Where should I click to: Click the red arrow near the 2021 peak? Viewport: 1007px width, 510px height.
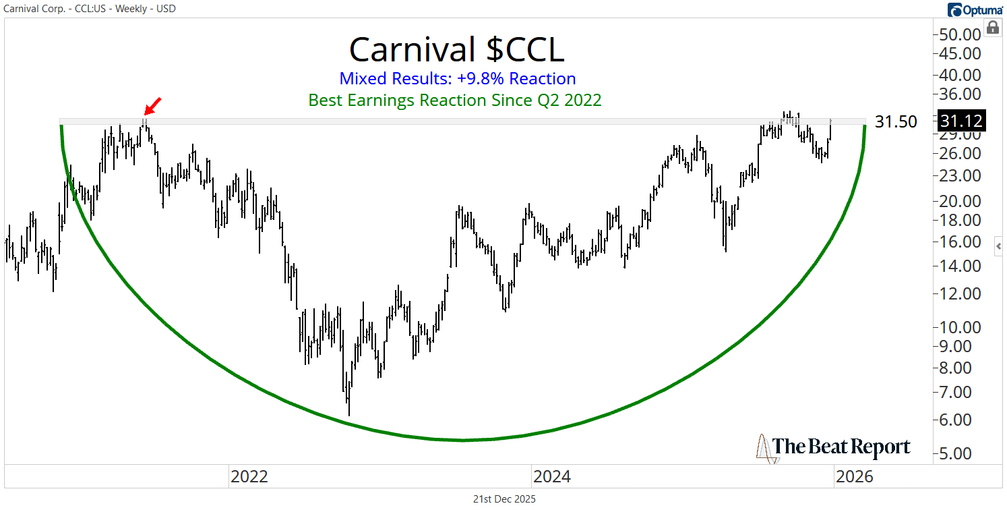[154, 106]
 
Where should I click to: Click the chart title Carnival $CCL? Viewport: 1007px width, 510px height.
[456, 49]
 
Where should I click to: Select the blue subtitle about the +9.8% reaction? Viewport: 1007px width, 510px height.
[457, 78]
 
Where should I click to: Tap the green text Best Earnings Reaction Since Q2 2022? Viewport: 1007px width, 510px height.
[455, 101]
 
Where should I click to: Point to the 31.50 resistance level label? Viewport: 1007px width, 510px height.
[896, 122]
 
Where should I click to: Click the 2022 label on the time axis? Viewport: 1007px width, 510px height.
[249, 477]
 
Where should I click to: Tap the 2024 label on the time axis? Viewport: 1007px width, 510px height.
[551, 477]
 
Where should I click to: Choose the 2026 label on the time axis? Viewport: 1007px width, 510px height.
[854, 477]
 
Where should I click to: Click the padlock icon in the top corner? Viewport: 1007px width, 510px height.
[992, 28]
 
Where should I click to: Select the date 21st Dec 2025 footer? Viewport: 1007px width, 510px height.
[504, 499]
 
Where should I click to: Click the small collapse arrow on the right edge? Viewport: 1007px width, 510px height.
[999, 247]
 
